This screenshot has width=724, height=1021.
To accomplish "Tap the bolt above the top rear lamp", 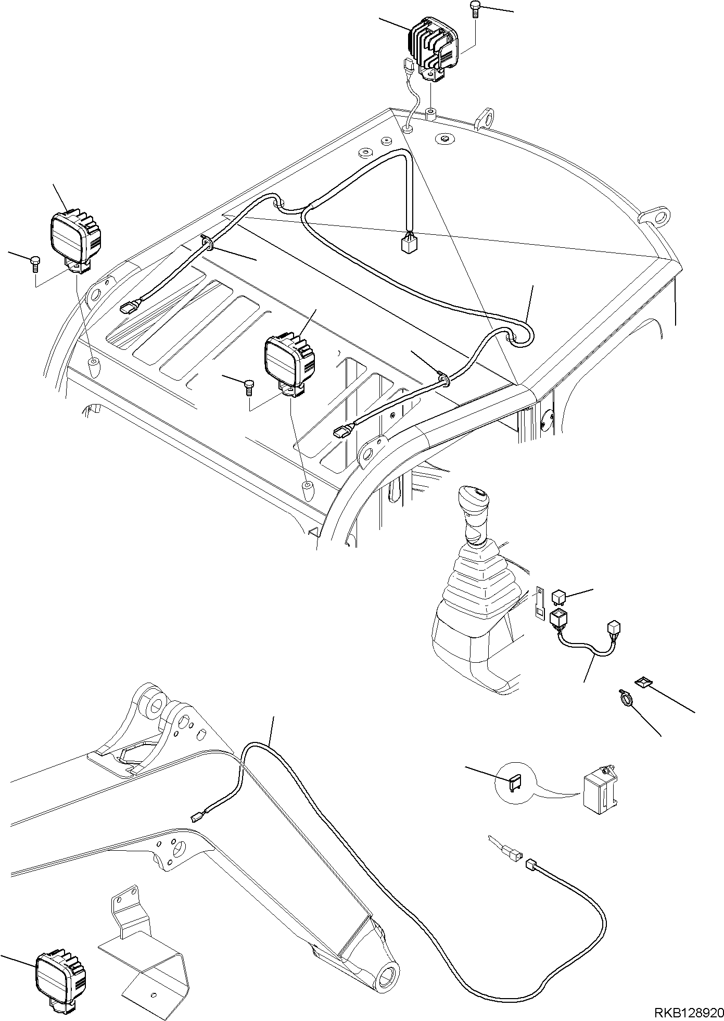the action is click(x=475, y=9).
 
